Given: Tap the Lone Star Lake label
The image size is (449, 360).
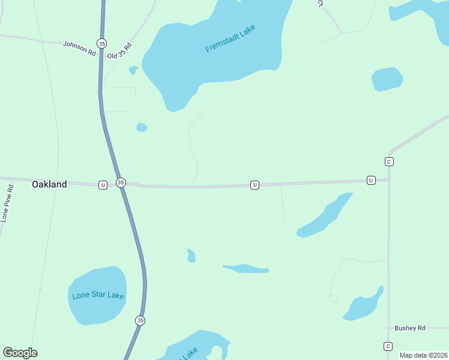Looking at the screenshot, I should click(97, 296).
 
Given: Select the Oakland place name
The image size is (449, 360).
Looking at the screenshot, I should click(49, 184).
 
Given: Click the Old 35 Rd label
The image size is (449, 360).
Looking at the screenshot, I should click(119, 51).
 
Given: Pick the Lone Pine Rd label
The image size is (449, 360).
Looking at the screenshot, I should click(8, 204).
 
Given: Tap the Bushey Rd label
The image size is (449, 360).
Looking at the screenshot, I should click(409, 328).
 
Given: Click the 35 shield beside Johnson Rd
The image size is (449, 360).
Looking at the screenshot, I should click(101, 43).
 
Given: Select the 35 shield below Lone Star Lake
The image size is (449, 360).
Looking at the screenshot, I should click(140, 320).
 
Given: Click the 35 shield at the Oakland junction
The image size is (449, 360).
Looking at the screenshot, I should click(121, 182).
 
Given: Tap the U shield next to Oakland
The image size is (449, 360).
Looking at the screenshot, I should click(103, 185).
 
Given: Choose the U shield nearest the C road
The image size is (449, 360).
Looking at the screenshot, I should click(371, 181).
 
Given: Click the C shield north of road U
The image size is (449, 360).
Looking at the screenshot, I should click(389, 162).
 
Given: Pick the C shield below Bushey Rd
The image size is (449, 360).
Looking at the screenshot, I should click(388, 347).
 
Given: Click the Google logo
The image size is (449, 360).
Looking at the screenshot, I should click(20, 353).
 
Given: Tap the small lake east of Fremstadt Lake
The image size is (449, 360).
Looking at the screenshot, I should click(387, 79).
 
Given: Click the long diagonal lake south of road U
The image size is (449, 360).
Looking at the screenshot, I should click(325, 216).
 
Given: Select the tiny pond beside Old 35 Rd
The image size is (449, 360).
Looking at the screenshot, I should click(133, 70).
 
